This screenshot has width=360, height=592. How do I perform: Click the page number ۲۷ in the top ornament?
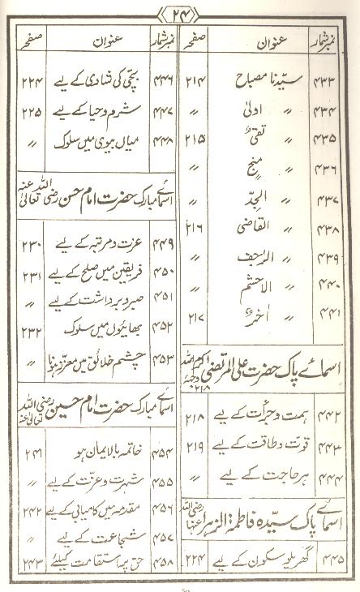point(180,13)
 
